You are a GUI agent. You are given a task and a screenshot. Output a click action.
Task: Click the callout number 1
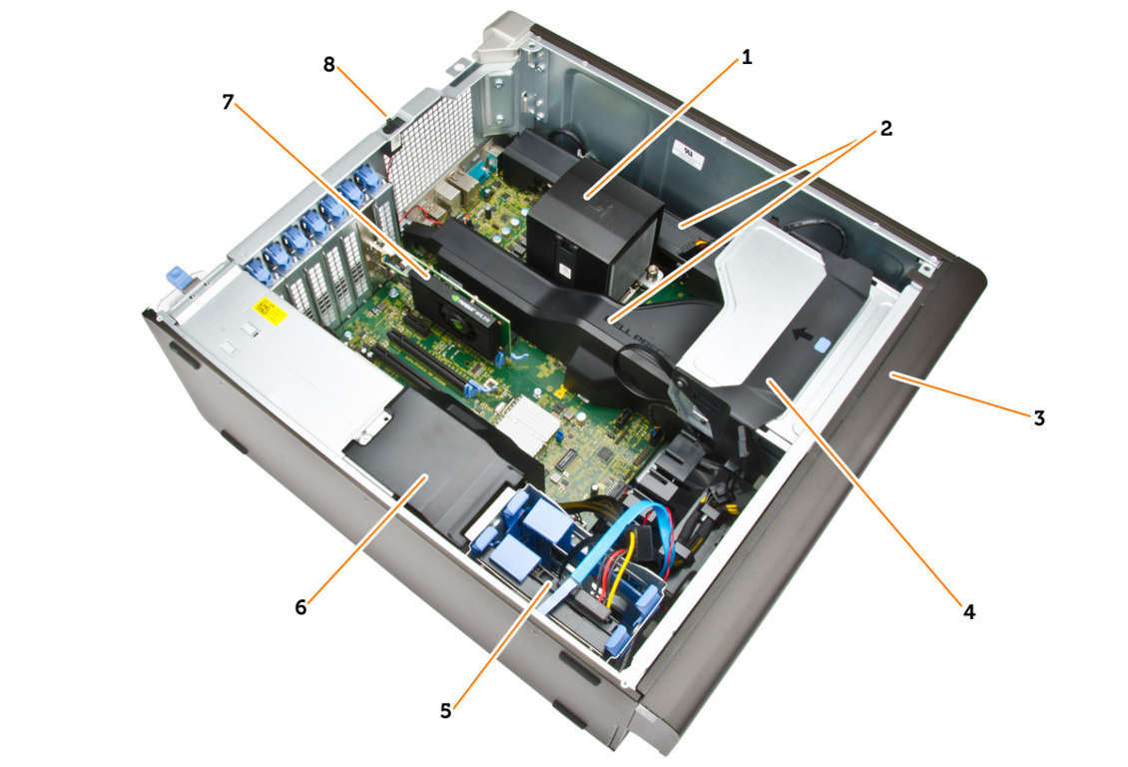click(x=747, y=57)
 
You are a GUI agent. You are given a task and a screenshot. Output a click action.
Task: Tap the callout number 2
click(x=885, y=129)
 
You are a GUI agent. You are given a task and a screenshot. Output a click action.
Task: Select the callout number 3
click(x=1039, y=418)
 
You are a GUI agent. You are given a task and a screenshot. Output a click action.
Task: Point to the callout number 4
click(x=969, y=612)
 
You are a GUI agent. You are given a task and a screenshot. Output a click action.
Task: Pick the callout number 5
click(x=446, y=712)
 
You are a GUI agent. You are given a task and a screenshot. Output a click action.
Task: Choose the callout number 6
click(x=300, y=608)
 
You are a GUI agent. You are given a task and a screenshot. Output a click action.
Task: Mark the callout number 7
click(x=228, y=103)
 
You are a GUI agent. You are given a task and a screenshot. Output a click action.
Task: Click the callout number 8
click(x=328, y=65)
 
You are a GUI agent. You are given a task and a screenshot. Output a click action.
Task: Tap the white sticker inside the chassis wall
click(x=687, y=153)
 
